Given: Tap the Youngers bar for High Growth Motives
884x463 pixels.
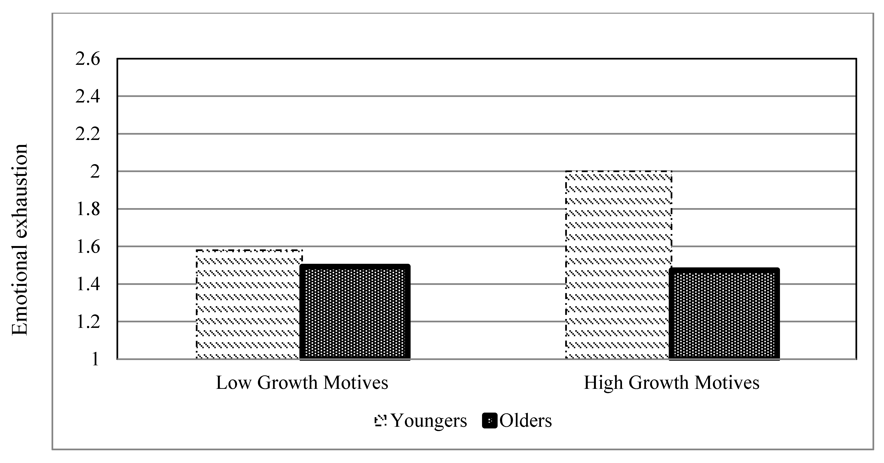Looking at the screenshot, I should click(618, 265).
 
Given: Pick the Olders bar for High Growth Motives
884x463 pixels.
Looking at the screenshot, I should click(724, 314).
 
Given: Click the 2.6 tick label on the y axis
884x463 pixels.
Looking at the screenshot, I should click(88, 59).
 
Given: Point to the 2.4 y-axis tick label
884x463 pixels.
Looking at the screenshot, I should click(88, 96).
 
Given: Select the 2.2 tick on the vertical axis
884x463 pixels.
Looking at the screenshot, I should click(88, 134).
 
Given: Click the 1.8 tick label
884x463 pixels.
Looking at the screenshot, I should click(88, 209).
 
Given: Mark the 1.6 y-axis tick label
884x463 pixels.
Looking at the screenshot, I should click(88, 247).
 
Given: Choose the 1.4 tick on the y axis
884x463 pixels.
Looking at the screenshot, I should click(88, 284).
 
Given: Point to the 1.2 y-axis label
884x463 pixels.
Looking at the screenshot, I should click(88, 322).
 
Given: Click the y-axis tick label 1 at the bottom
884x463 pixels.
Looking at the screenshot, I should click(95, 360).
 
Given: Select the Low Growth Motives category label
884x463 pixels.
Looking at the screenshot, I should click(302, 383).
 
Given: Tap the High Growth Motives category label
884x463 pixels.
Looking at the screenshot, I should click(672, 383).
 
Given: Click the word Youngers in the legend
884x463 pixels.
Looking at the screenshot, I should click(429, 420).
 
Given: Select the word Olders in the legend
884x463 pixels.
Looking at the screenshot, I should click(525, 420).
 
